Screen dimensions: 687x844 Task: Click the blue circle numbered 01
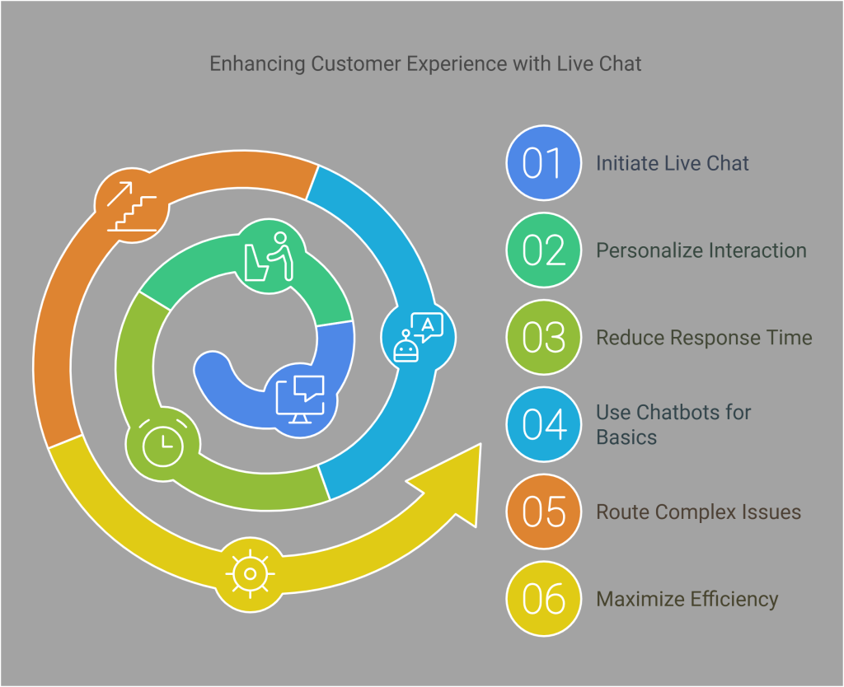542,162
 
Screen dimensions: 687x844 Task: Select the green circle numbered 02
542,250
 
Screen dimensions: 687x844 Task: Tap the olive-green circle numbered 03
542,338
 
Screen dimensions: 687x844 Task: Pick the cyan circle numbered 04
542,424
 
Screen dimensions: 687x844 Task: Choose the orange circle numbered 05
542,512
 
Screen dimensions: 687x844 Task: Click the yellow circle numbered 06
542,599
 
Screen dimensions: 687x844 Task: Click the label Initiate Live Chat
673,163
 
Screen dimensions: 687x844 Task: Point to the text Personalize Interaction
701,250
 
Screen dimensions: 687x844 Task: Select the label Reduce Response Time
704,338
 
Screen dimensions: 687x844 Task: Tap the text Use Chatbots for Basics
673,424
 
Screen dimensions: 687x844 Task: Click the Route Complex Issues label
698,512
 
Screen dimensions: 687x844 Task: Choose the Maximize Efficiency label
687,599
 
